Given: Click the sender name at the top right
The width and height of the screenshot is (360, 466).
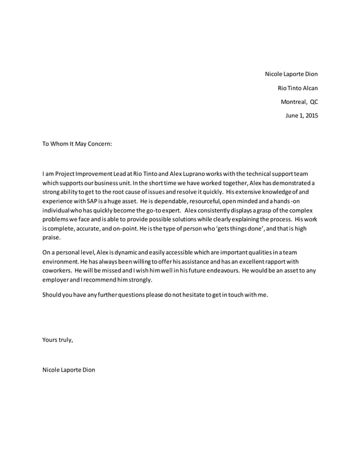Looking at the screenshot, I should pyautogui.click(x=291, y=74).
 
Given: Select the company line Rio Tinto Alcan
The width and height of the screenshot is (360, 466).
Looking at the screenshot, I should pyautogui.click(x=297, y=88).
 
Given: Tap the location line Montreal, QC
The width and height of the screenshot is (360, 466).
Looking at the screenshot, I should pyautogui.click(x=299, y=102).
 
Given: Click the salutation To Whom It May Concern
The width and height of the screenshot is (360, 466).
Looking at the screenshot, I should pyautogui.click(x=77, y=144).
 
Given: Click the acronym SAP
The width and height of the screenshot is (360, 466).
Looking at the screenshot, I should pyautogui.click(x=93, y=201).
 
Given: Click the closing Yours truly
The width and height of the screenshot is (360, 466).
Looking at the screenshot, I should pyautogui.click(x=58, y=340).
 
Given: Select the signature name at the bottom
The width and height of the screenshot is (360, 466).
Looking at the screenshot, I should pyautogui.click(x=68, y=370).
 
